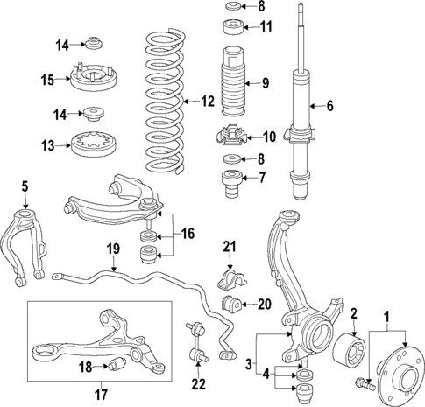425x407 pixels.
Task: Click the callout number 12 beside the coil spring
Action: (x=207, y=102)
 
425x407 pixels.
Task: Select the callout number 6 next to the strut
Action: (x=329, y=106)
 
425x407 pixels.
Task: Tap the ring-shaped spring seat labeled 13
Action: (x=90, y=144)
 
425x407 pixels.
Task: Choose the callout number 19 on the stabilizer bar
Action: (x=112, y=249)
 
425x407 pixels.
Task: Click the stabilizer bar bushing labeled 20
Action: (x=232, y=305)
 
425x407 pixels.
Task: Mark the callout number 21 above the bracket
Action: (x=229, y=247)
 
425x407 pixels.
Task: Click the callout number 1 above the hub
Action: (x=386, y=312)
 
